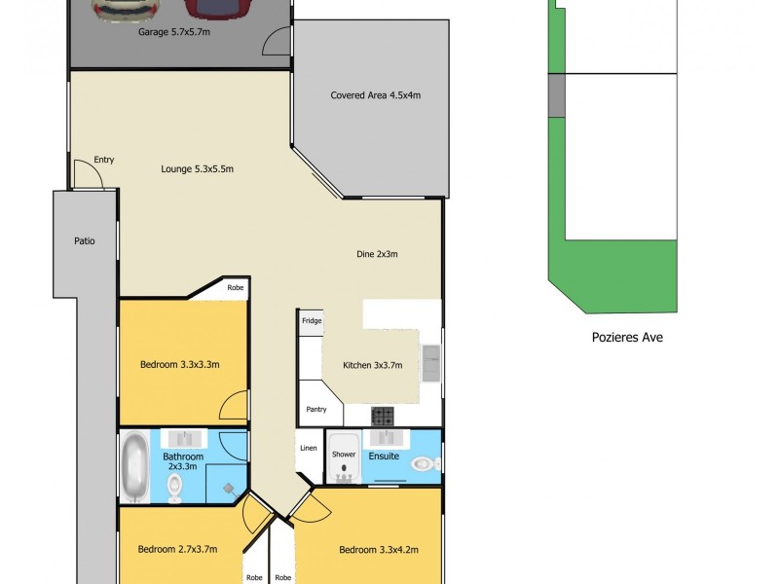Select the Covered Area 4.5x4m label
(375, 95)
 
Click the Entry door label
(104, 161)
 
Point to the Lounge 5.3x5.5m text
(198, 168)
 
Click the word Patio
(85, 240)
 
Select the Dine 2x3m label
(377, 254)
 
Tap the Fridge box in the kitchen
(312, 320)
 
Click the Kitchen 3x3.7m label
(373, 365)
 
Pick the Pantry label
(315, 410)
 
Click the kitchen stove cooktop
(382, 415)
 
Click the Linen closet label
(308, 448)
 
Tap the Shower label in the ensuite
(344, 455)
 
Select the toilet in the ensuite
(424, 463)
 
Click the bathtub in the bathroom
(134, 466)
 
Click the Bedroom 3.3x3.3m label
(179, 365)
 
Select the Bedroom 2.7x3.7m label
(177, 549)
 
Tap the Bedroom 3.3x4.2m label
(379, 550)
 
